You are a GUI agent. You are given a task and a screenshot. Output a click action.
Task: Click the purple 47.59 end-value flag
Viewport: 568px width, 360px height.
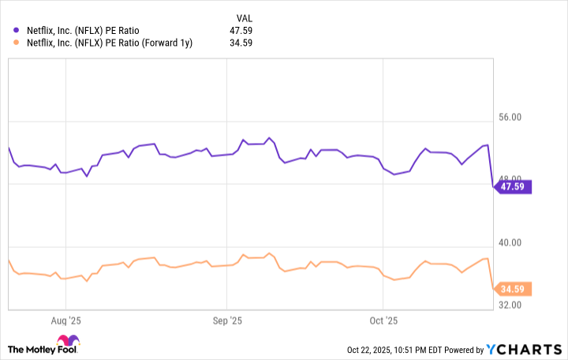pyautogui.click(x=513, y=187)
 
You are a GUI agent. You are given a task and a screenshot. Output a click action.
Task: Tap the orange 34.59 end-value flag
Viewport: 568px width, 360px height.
pyautogui.click(x=513, y=289)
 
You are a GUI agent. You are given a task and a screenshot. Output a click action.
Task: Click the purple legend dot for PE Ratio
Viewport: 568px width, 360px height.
pyautogui.click(x=16, y=31)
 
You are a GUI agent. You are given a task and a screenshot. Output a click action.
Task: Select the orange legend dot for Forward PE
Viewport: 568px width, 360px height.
pyautogui.click(x=16, y=43)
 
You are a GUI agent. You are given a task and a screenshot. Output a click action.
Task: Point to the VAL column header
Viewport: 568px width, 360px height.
pyautogui.click(x=245, y=17)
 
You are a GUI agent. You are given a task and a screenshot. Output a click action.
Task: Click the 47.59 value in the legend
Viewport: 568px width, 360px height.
pyautogui.click(x=247, y=31)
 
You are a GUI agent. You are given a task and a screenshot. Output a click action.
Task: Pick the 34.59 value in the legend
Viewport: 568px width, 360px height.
pyautogui.click(x=247, y=43)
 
